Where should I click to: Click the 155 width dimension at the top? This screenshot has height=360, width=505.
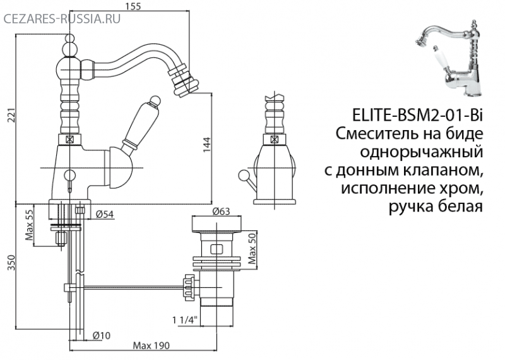(x=133, y=6)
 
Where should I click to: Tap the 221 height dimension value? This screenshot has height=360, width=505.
(x=12, y=116)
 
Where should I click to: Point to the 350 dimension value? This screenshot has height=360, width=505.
(x=11, y=263)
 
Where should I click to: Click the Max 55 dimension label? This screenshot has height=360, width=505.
(x=29, y=225)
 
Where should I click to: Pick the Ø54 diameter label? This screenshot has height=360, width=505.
(x=105, y=214)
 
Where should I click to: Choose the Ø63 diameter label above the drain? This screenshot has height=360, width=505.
(x=222, y=211)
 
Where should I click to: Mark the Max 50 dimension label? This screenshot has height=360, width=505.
(x=252, y=248)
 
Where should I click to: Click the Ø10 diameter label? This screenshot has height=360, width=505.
(x=101, y=335)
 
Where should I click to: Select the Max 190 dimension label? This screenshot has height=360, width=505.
(x=151, y=346)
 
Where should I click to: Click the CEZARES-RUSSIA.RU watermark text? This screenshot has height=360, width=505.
(x=62, y=19)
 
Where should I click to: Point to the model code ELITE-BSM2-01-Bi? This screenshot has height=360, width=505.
(x=417, y=116)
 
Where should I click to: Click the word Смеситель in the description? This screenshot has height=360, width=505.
(x=376, y=133)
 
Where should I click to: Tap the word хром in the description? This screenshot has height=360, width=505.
(x=463, y=188)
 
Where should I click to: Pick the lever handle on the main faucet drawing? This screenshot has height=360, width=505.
(x=140, y=124)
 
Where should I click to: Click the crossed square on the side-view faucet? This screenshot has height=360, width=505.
(x=274, y=140)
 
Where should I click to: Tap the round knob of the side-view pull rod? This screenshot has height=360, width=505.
(x=242, y=176)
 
